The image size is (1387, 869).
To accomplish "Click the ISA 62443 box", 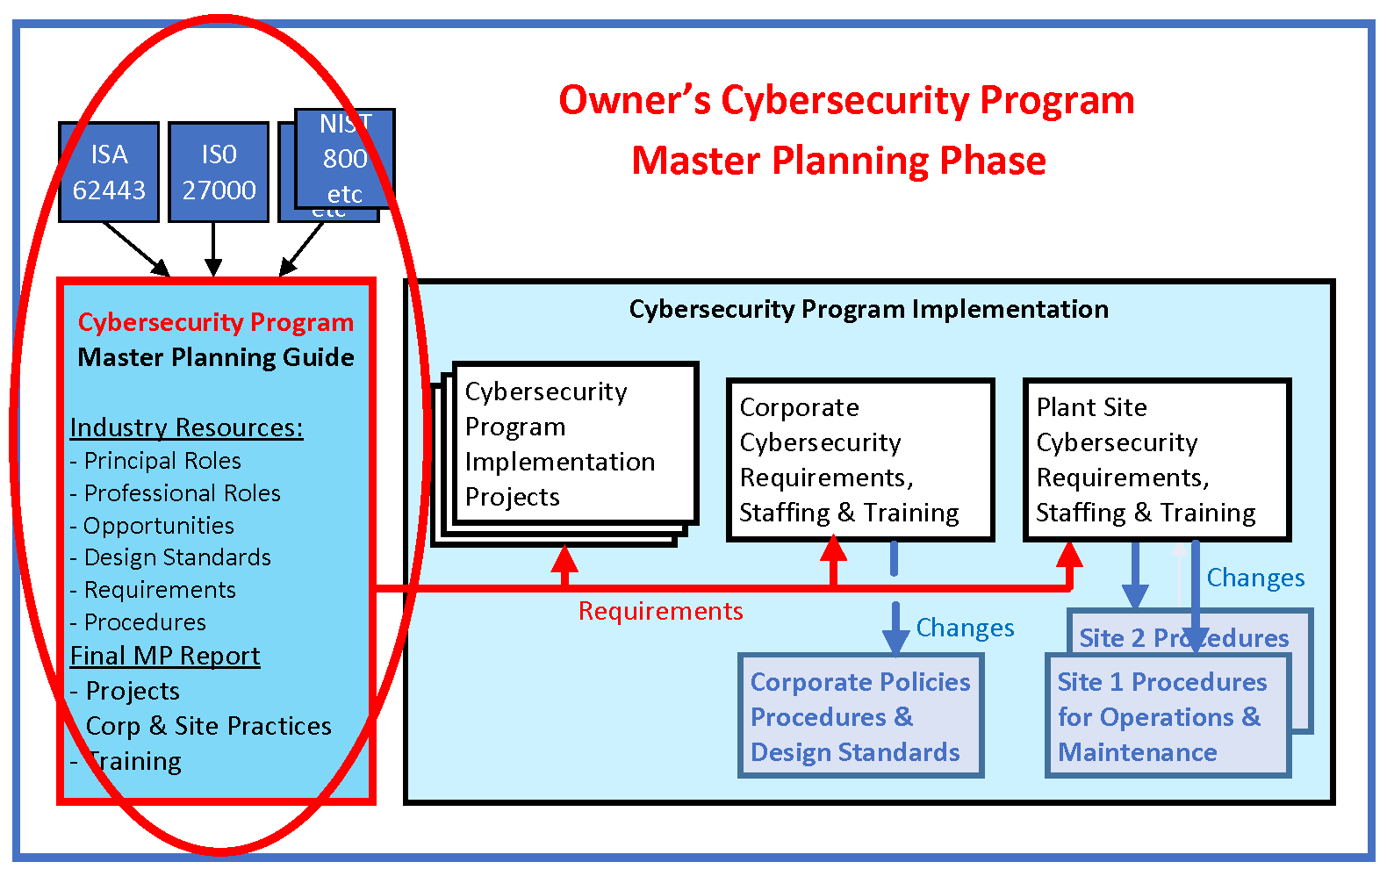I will coord(109,172).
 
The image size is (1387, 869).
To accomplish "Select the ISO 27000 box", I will coord(219,172).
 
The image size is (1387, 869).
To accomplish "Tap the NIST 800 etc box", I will coord(345,158).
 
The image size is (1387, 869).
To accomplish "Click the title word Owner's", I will coord(635,100).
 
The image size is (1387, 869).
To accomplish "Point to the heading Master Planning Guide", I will coord(216,357).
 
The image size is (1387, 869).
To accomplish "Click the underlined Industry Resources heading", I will coord(186,427).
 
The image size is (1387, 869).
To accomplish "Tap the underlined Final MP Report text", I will coord(165,656).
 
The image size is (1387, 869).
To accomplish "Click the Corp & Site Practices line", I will coord(208,726).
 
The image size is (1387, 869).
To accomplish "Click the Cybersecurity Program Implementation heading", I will coord(868,309).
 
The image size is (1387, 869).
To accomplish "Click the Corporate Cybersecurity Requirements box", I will coord(859,459).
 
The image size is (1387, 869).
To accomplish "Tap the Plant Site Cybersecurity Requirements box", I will coord(1156,459).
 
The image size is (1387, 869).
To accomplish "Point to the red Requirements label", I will coord(660,611).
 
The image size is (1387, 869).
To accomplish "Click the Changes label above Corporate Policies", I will coord(965,628).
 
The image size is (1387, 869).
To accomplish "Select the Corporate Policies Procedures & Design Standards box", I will coord(859,716).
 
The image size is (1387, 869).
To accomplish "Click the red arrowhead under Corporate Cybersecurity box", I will coord(833,549).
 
